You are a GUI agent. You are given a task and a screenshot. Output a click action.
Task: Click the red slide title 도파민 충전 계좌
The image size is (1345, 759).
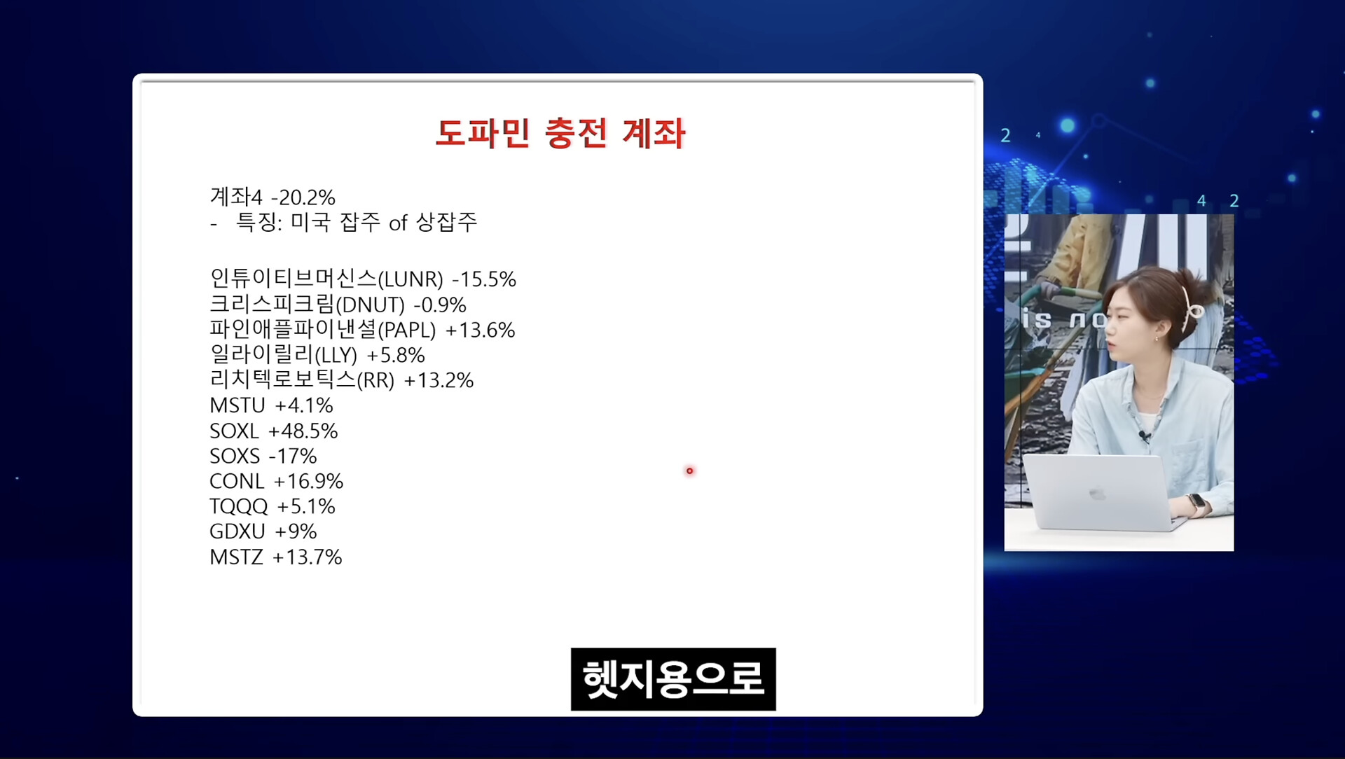coord(560,133)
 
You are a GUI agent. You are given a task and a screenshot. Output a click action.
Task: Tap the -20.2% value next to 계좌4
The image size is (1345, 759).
coord(303,197)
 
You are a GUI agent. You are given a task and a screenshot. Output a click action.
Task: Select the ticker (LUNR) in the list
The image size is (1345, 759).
coord(411,279)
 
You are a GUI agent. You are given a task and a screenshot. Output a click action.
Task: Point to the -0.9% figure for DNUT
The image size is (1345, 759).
coord(440,305)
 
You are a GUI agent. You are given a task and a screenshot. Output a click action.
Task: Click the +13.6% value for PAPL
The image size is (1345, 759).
coord(481,330)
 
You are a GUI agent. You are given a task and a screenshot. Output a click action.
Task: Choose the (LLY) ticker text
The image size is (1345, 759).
coord(336,356)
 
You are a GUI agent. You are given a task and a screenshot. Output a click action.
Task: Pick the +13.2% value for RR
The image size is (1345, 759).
coord(439,380)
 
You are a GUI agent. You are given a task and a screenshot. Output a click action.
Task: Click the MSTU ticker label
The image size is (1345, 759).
coord(237,405)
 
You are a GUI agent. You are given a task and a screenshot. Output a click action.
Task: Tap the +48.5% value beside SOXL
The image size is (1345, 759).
coord(303,431)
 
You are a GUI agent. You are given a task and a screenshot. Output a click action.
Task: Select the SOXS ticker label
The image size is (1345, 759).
coord(235,456)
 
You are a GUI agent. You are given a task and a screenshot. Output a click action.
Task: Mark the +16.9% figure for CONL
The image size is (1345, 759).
coord(308,481)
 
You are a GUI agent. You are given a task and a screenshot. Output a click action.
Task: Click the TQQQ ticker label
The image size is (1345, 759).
coord(239,507)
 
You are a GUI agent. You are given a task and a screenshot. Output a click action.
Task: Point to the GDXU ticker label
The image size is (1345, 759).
coord(237,531)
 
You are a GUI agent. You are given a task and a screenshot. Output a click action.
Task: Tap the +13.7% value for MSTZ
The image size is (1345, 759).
coord(308,557)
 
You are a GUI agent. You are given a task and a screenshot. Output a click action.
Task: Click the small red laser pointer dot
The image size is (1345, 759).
coord(689,471)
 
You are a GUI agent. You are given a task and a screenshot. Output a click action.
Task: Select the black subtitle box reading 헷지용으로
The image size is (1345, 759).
coord(673,679)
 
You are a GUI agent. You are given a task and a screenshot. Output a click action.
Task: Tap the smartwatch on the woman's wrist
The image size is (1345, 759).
coord(1196,503)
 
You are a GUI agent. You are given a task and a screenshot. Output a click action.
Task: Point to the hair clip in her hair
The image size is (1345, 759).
coord(1188,308)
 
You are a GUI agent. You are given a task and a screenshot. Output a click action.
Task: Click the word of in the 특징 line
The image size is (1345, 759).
coord(398,223)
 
